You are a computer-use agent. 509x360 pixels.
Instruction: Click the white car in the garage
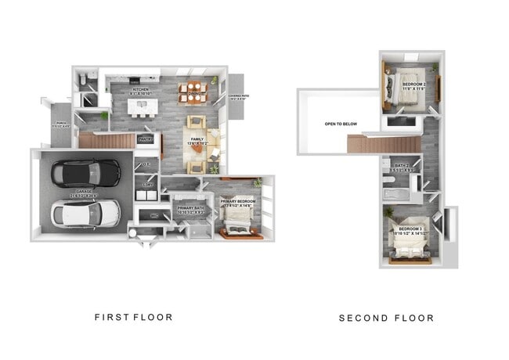(x=85, y=213)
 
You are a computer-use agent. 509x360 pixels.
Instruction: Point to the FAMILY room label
(x=197, y=139)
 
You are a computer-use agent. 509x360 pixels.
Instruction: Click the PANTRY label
(x=146, y=139)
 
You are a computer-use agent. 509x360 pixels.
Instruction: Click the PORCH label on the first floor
(x=60, y=124)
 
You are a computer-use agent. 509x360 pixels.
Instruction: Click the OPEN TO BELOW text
(x=341, y=124)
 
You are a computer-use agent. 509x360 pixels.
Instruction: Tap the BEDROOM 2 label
(x=413, y=85)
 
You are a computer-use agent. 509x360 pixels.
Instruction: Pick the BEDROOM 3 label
(x=410, y=231)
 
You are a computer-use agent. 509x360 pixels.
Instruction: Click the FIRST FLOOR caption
(x=134, y=317)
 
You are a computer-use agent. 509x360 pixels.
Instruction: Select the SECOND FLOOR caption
(x=385, y=318)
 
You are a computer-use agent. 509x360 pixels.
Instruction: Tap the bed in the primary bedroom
(x=237, y=225)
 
